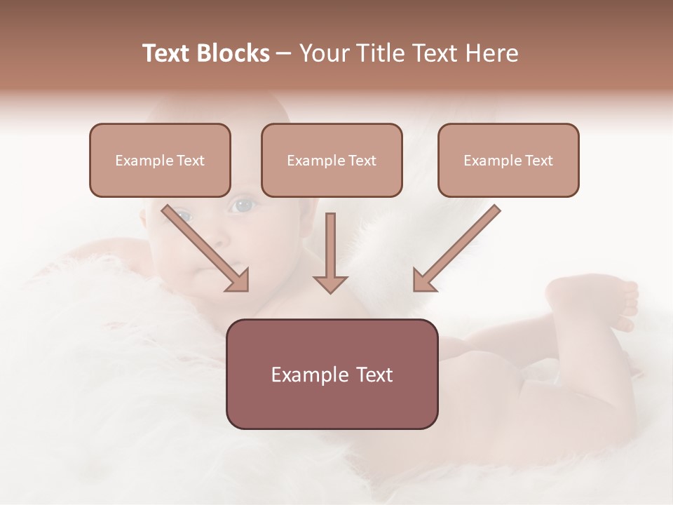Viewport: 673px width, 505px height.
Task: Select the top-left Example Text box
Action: click(x=160, y=160)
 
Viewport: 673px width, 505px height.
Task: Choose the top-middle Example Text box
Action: click(x=332, y=160)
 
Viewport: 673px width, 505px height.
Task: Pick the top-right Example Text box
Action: click(x=508, y=160)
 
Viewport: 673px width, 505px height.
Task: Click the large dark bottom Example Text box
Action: click(x=332, y=374)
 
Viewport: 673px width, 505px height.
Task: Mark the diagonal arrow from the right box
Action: click(x=457, y=248)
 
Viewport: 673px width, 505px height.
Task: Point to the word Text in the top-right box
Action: click(x=538, y=161)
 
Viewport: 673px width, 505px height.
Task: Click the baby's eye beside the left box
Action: click(x=243, y=206)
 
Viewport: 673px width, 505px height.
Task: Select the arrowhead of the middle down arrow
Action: click(x=330, y=283)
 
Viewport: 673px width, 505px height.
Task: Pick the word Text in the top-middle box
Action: click(x=362, y=161)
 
